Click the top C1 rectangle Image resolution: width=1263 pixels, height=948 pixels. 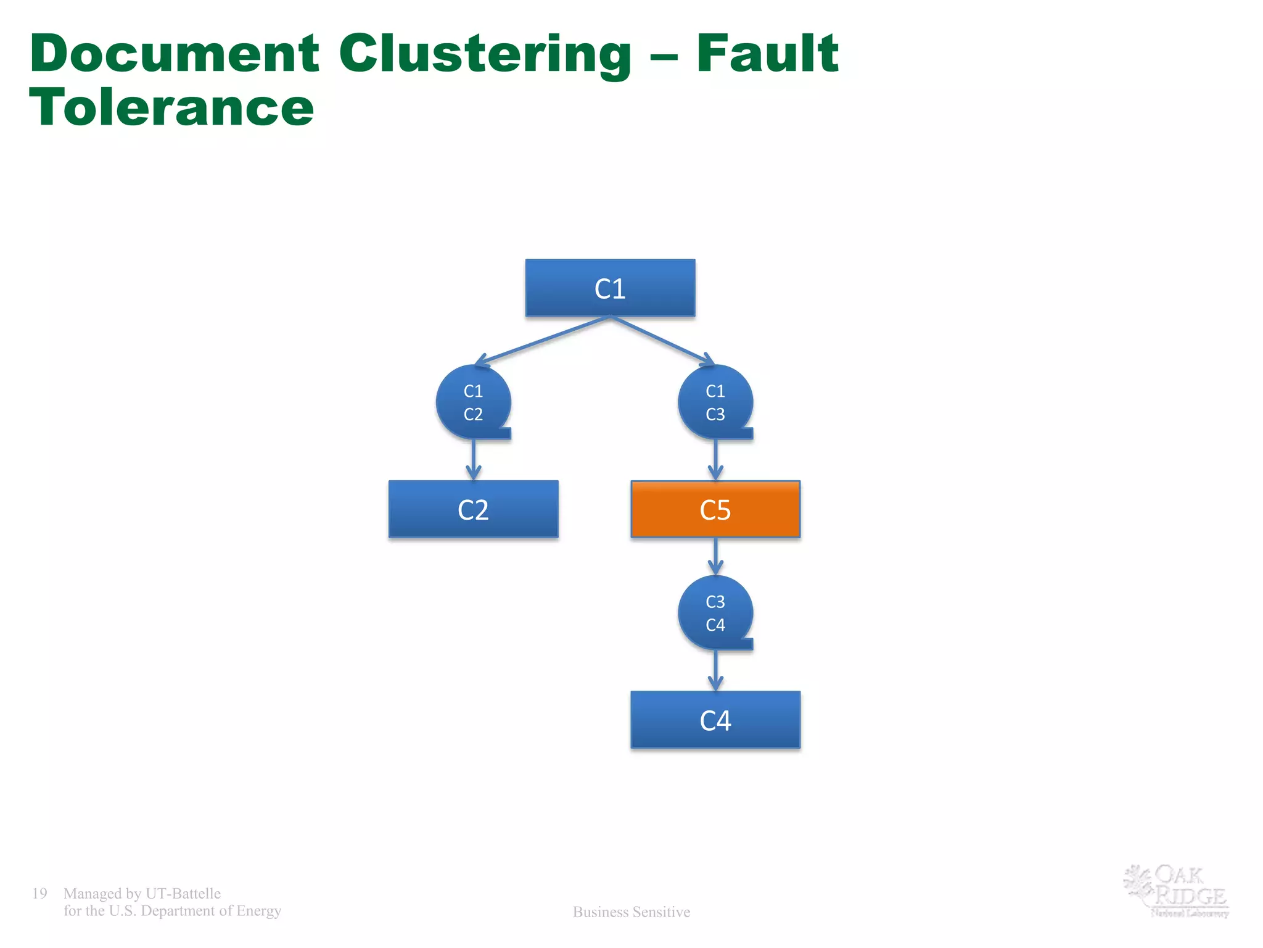[610, 288]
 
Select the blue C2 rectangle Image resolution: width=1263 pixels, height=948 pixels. [473, 509]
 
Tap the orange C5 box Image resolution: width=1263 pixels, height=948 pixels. [715, 509]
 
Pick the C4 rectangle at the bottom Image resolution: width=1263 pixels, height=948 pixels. [715, 720]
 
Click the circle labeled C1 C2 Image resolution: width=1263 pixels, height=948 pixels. [473, 402]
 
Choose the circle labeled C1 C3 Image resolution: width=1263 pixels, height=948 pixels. [715, 402]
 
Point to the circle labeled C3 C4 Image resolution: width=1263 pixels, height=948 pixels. [715, 612]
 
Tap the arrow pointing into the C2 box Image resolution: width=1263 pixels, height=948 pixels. [473, 460]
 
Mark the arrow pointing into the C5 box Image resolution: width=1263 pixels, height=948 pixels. [715, 460]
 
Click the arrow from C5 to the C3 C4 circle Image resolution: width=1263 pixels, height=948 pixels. [715, 555]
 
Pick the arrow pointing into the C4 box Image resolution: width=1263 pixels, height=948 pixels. [715, 670]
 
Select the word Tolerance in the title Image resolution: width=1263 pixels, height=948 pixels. [171, 108]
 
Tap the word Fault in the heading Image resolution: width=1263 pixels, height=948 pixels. [767, 54]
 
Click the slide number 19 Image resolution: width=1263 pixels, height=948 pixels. [39, 893]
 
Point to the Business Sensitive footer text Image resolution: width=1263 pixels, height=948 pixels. [631, 912]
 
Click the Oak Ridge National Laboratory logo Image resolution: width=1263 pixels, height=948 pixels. [1177, 891]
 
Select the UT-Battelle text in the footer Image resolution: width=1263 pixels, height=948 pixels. [183, 893]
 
